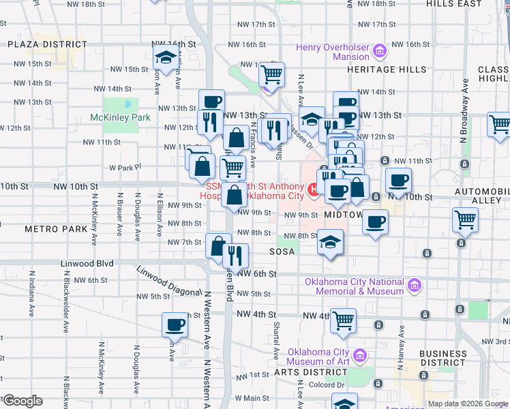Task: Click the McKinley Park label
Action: [x=120, y=117]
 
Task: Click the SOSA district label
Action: [x=282, y=252]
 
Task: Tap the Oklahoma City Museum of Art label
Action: [x=322, y=357]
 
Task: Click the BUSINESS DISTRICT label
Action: [x=442, y=358]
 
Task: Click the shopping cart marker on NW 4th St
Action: [x=344, y=319]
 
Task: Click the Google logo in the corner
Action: [x=22, y=401]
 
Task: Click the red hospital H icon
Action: [x=314, y=190]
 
